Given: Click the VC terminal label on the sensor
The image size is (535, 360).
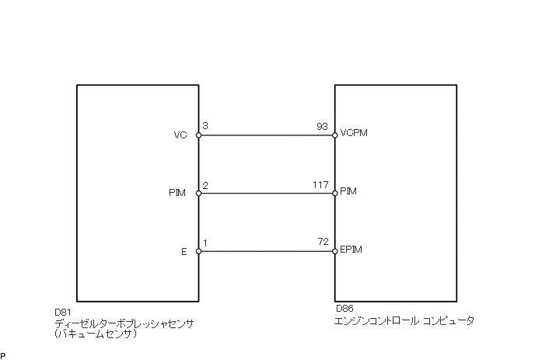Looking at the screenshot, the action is tap(181, 135).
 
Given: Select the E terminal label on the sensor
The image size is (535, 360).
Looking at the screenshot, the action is tap(184, 251).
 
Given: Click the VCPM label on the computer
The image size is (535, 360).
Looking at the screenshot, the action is tap(353, 133).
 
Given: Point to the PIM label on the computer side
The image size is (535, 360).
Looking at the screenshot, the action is tap(349, 191).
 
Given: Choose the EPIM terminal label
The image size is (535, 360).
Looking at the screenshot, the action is tap(352, 250).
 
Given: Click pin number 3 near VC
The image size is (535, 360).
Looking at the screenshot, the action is tap(205, 126).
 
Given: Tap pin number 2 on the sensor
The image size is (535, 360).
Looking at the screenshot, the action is tap(205, 184).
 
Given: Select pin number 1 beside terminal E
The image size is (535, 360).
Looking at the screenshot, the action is tap(205, 243).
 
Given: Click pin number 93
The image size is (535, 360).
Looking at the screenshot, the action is tap(323, 126).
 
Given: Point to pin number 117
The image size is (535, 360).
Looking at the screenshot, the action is tap(320, 184).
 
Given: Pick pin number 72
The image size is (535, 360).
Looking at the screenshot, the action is tap(323, 243).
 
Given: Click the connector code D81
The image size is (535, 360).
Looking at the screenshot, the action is tap(64, 311).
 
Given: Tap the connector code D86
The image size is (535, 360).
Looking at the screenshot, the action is tap(344, 309).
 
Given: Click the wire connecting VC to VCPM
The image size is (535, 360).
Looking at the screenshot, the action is tap(267, 135).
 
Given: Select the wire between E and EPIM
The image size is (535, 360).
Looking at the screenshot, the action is tap(267, 251).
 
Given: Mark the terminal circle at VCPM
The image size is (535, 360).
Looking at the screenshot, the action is tap(334, 135).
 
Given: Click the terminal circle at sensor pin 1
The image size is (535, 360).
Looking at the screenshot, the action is tap(198, 251).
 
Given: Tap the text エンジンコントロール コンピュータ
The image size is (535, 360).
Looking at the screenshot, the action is tap(404, 320).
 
